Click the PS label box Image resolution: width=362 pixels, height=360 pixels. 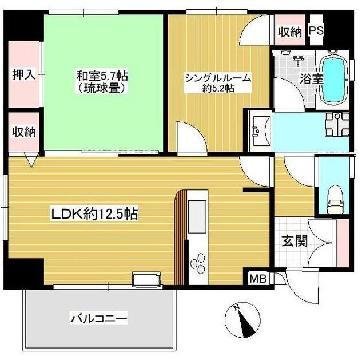click(x=316, y=32)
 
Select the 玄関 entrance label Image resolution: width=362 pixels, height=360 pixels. click(x=294, y=240)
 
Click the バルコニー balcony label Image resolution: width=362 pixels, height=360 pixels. click(x=98, y=317)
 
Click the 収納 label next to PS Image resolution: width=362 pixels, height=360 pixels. click(x=289, y=32)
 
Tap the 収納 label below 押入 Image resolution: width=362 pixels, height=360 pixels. click(x=24, y=132)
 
